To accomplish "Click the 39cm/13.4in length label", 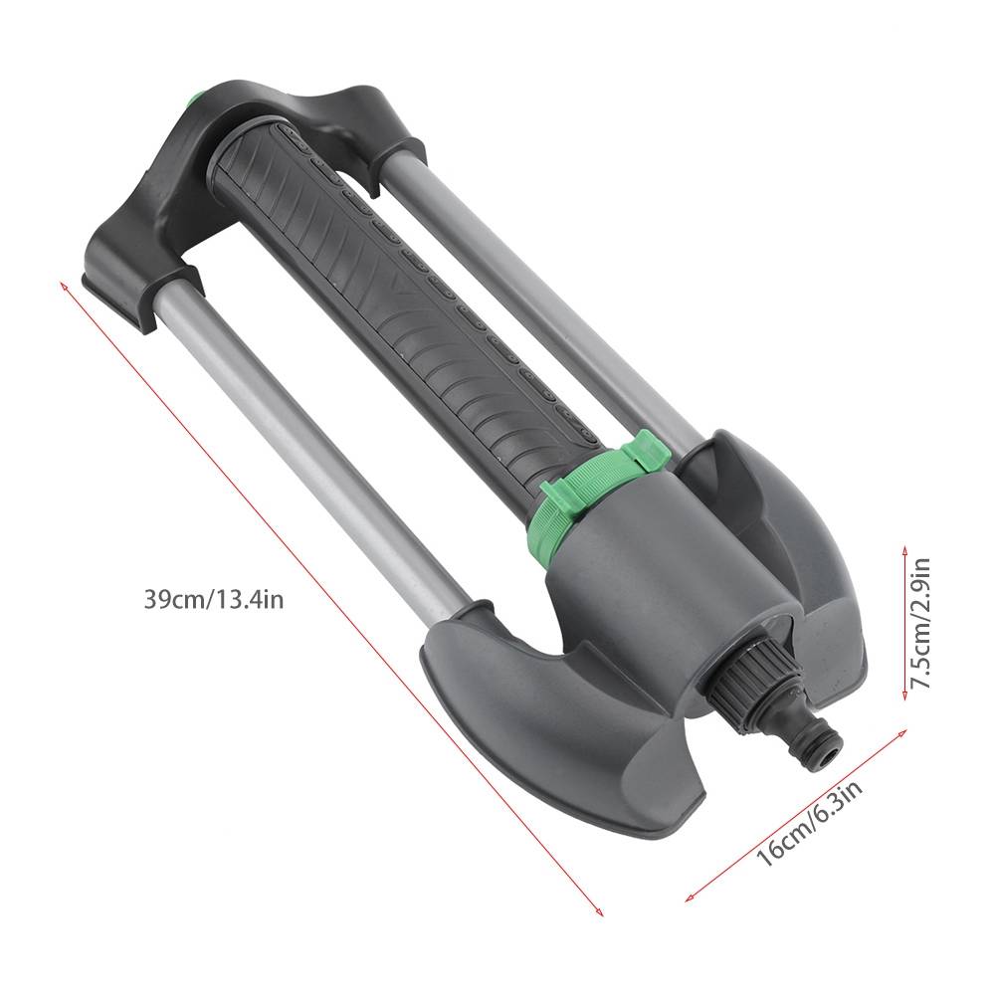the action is click(x=214, y=598).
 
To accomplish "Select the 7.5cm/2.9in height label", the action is click(x=919, y=623).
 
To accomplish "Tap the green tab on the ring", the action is click(x=646, y=449).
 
